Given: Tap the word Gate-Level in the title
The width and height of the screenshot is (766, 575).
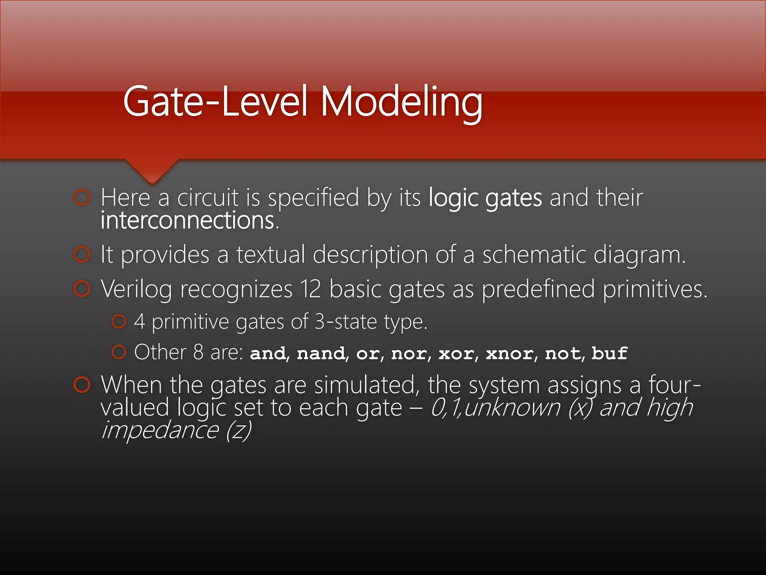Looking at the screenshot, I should [x=215, y=101].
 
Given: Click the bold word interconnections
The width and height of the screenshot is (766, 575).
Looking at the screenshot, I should [x=189, y=220].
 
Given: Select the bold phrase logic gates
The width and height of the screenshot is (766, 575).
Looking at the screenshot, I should [x=485, y=198].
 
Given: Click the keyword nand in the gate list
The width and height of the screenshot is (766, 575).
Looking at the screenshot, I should [x=321, y=353].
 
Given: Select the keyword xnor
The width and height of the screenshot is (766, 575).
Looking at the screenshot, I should [x=509, y=353].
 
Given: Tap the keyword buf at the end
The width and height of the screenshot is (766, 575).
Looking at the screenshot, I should [x=609, y=353].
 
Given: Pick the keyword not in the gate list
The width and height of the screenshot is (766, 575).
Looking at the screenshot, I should [x=563, y=353].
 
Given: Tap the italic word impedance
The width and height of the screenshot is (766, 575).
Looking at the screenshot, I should [x=160, y=430].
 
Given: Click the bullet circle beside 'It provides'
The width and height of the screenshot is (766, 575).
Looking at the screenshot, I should [x=82, y=255].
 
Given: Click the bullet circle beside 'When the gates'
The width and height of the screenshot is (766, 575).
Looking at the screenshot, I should [x=82, y=385].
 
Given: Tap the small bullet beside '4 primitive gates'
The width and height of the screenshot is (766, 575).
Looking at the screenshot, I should [x=119, y=322].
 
